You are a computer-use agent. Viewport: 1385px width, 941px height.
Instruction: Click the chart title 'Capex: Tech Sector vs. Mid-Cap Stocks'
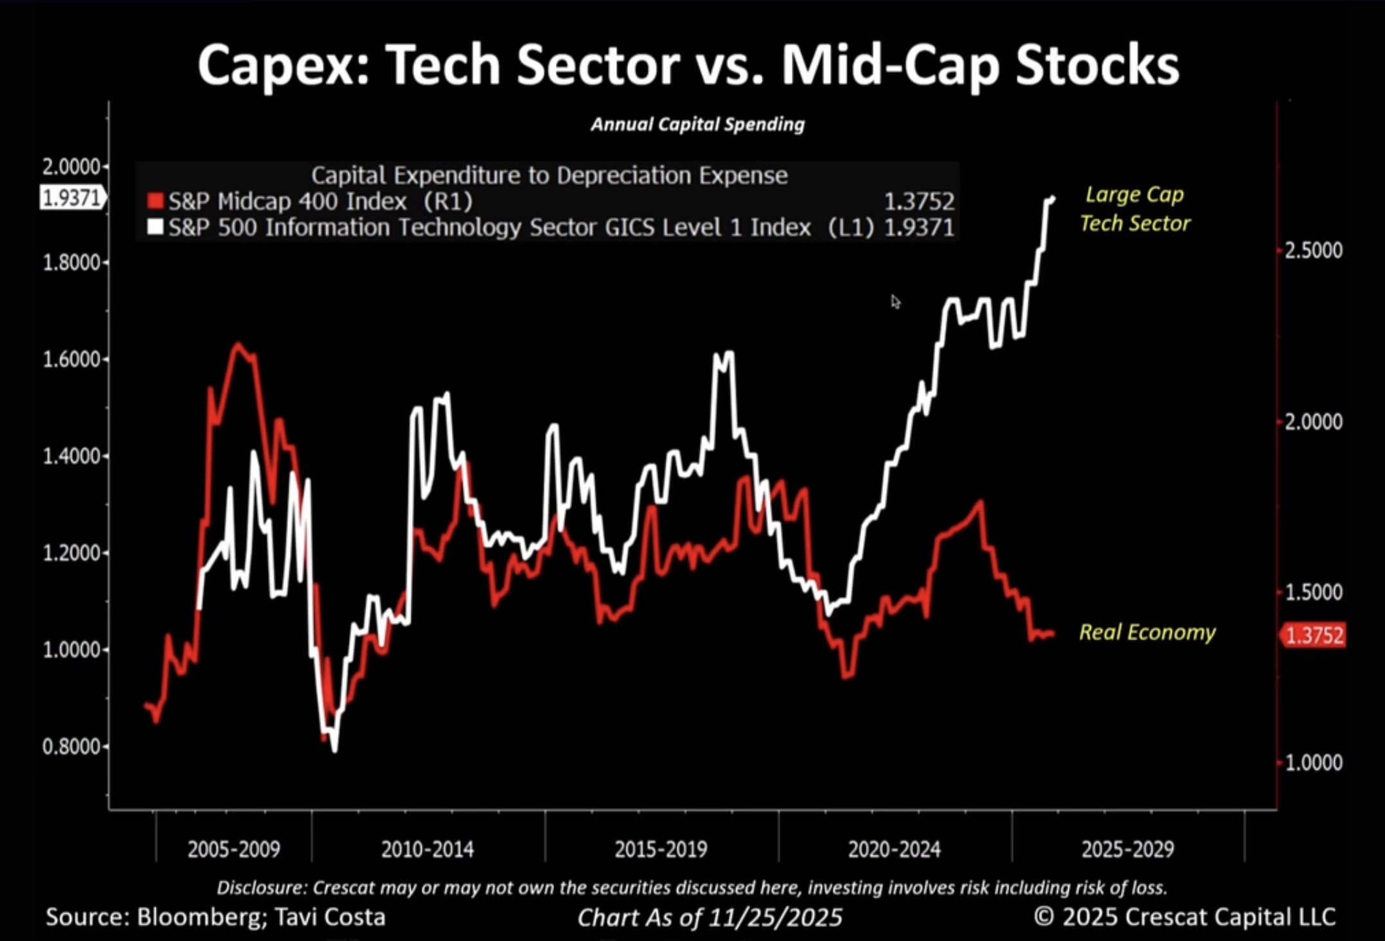(x=688, y=64)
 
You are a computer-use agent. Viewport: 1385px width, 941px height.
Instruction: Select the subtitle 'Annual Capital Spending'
(x=697, y=124)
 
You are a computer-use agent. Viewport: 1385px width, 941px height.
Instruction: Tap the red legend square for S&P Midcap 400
(x=156, y=201)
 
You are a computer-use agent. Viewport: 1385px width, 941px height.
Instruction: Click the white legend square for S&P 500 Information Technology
(x=156, y=228)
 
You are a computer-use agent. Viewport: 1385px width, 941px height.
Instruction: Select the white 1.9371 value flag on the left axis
(x=71, y=198)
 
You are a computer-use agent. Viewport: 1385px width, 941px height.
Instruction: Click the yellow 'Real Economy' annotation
(x=1147, y=632)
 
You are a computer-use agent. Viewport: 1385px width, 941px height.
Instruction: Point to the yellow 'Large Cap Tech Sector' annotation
(x=1135, y=209)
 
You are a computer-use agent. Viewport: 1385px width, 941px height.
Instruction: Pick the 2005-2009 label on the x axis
(x=234, y=849)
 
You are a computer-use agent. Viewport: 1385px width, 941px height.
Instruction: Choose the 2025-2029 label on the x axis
(x=1128, y=849)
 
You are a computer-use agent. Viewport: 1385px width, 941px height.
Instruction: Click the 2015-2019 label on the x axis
(x=661, y=849)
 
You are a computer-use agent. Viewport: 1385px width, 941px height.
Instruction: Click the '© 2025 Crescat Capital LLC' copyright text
(x=1184, y=917)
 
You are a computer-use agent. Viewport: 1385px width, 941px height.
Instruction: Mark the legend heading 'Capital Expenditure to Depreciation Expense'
(x=550, y=175)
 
